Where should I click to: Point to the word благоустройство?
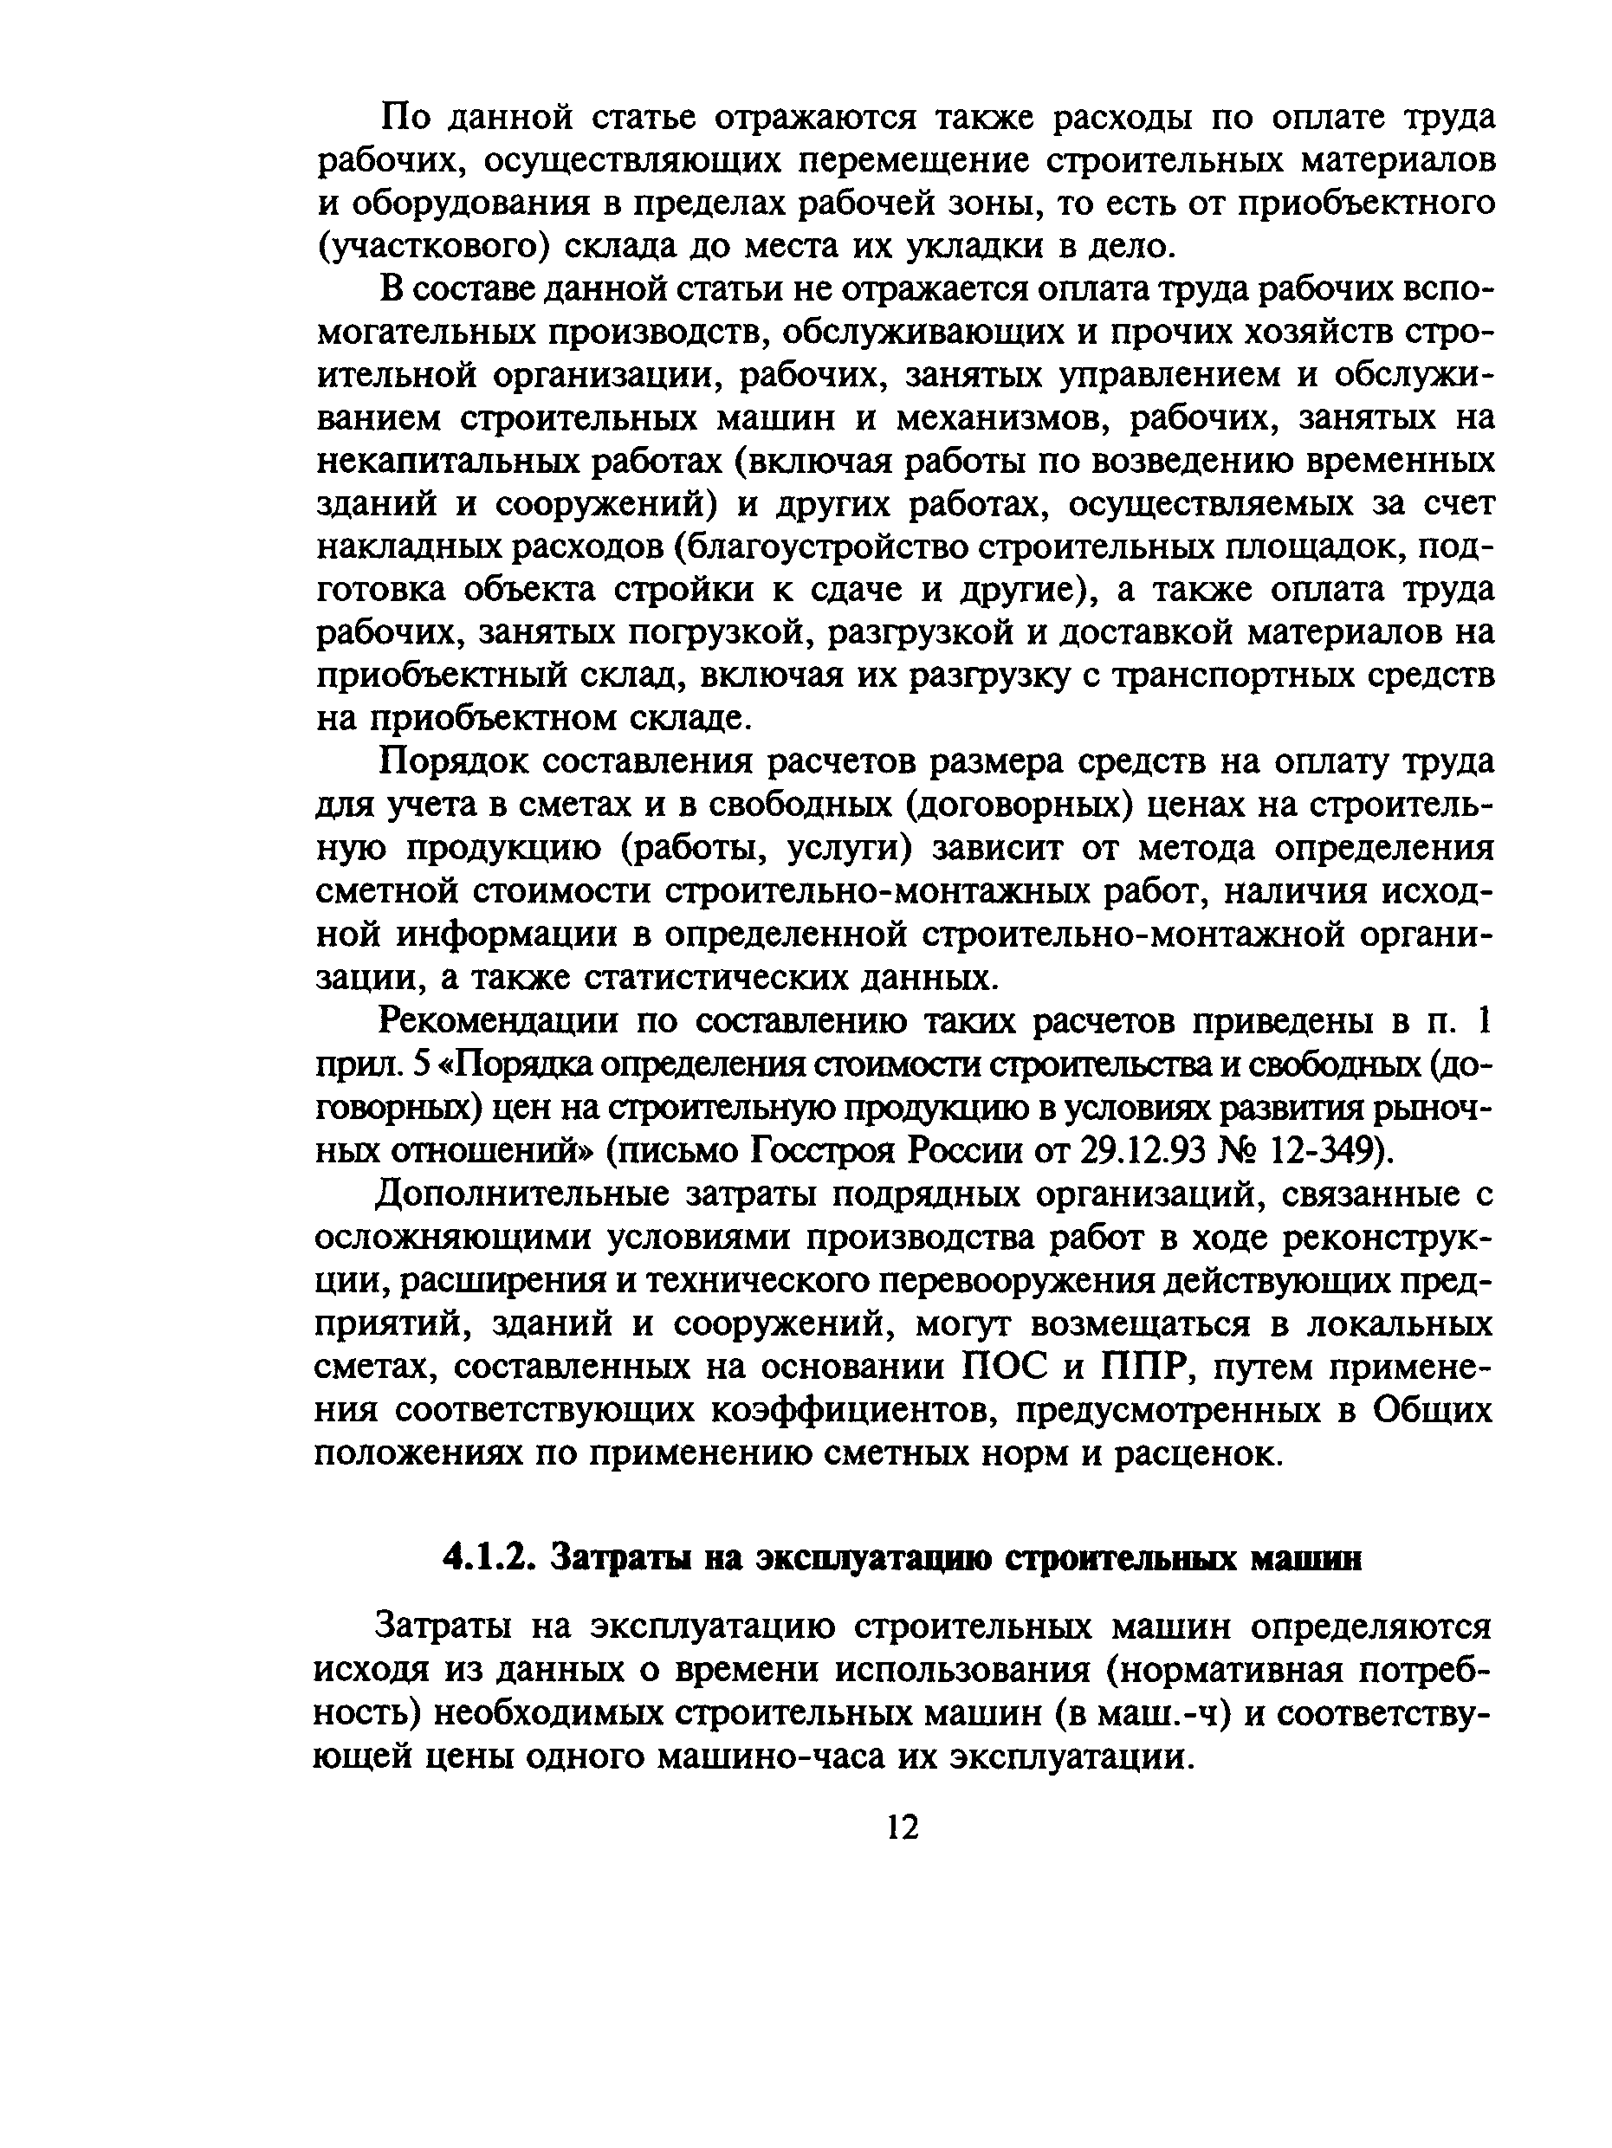pyautogui.click(x=827, y=547)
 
